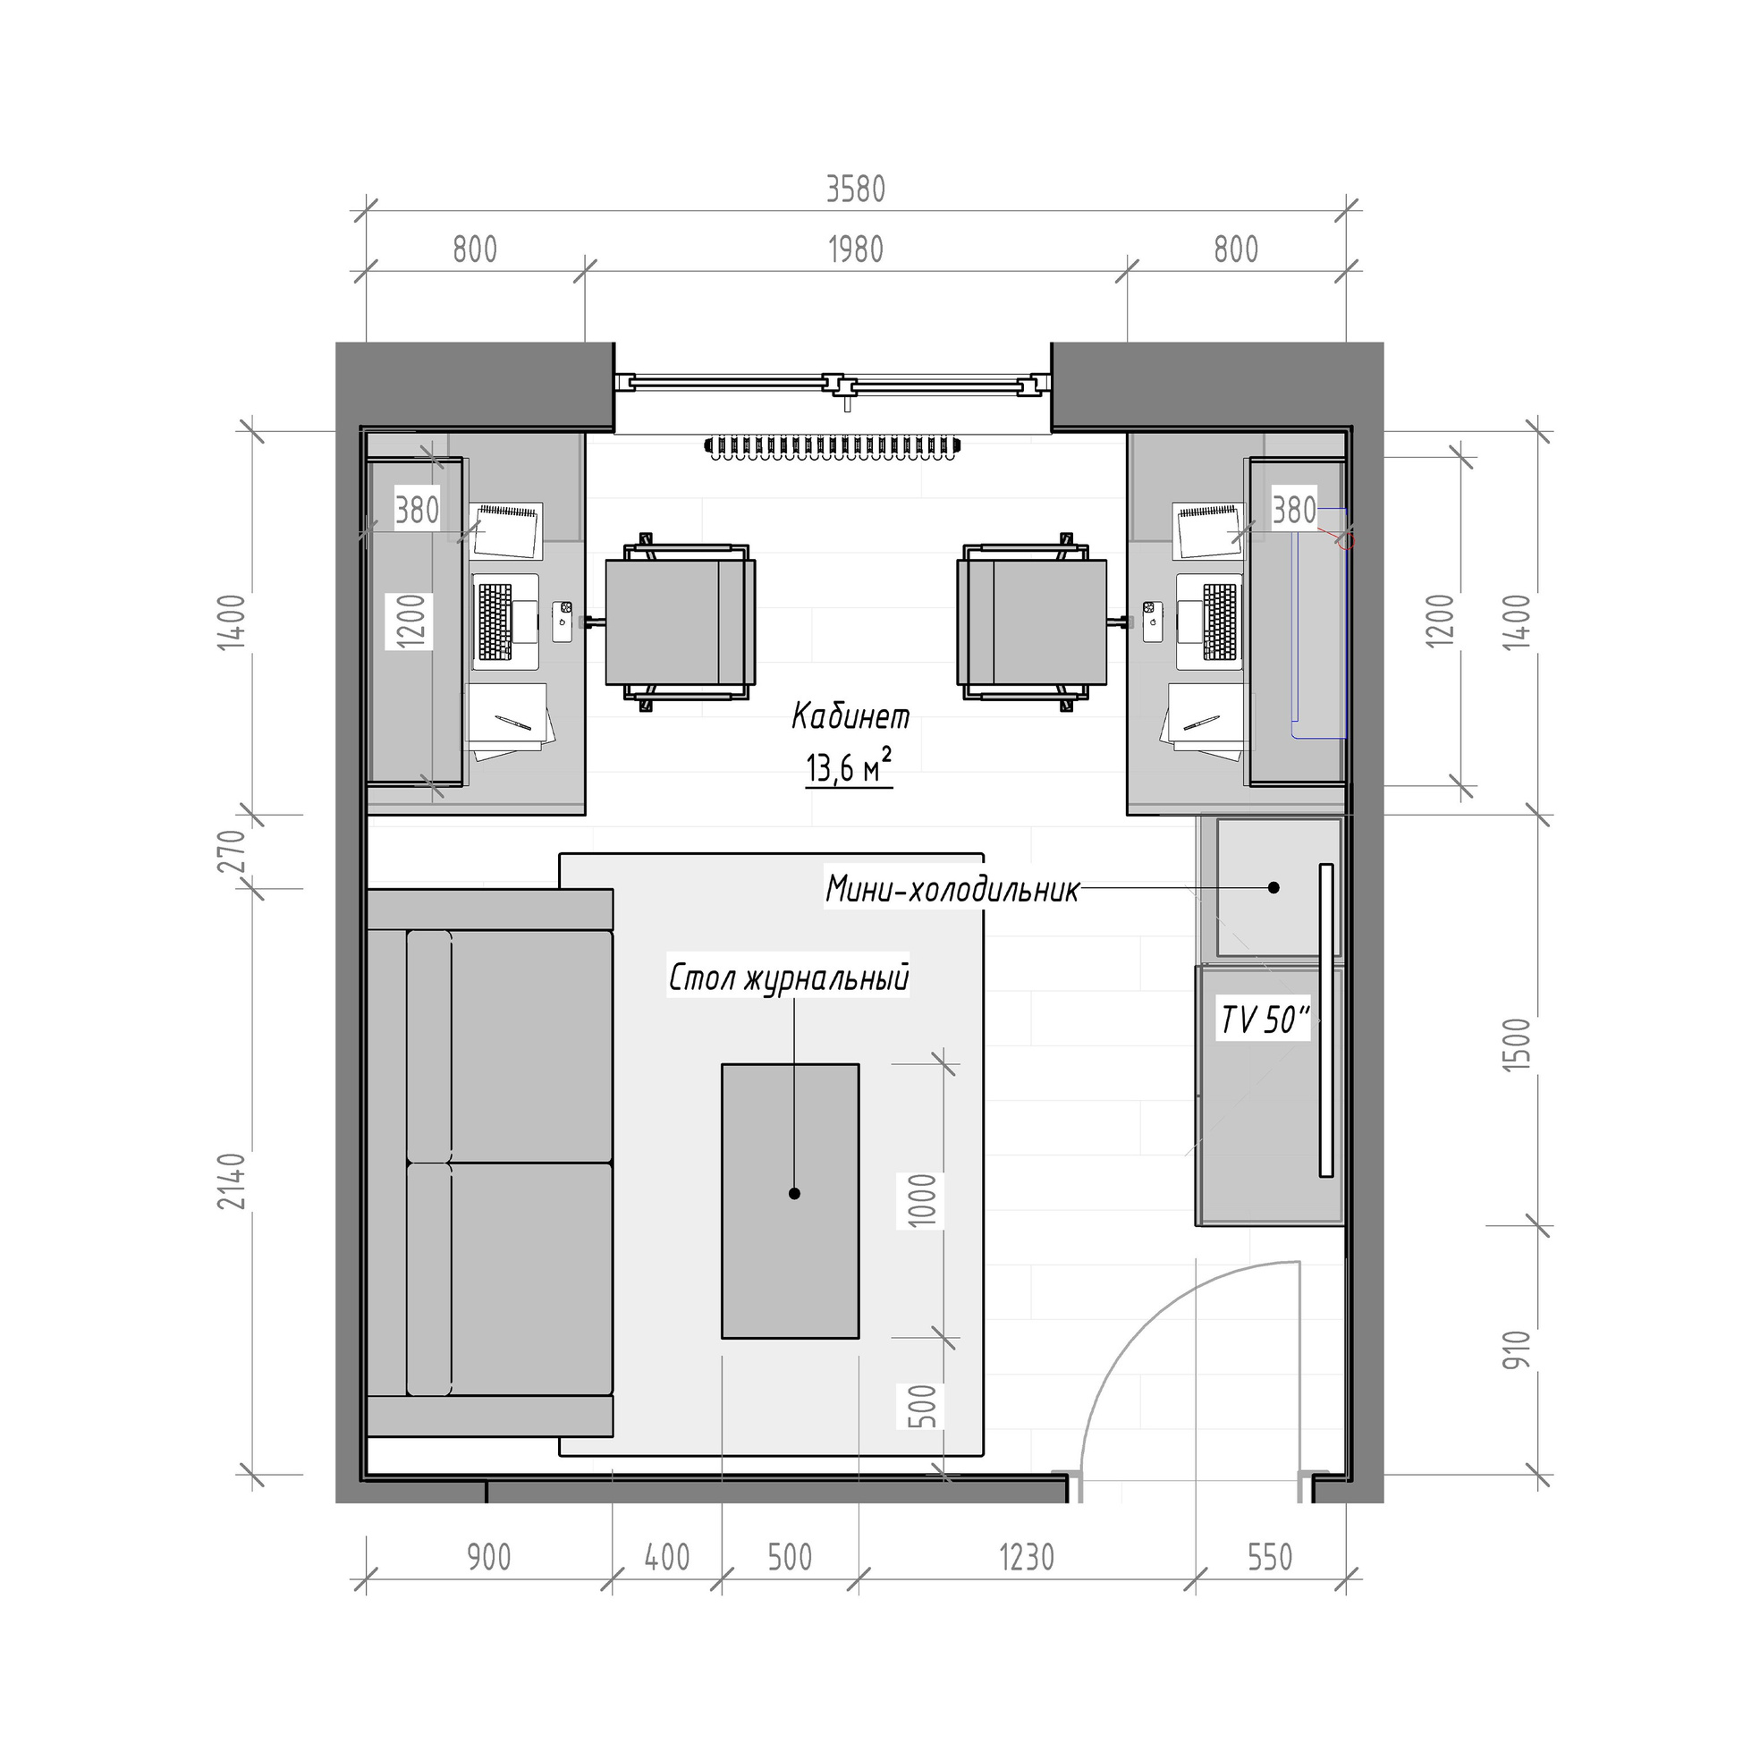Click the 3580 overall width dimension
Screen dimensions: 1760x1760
[855, 190]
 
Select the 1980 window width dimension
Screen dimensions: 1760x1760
[855, 250]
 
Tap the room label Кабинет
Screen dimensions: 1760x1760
[850, 716]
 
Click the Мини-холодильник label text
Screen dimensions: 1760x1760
[952, 889]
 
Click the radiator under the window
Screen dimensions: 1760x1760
[832, 446]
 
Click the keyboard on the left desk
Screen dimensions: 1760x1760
[495, 622]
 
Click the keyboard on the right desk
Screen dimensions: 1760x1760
[1220, 622]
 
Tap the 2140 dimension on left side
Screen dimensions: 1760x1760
[235, 1181]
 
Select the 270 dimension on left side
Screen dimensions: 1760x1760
[233, 850]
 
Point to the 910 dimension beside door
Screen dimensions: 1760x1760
[1516, 1350]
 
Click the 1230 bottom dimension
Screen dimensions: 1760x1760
[1027, 1558]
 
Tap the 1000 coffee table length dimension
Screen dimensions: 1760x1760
[922, 1201]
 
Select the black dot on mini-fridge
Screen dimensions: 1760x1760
[1273, 887]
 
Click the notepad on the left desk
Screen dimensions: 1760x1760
[506, 530]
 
